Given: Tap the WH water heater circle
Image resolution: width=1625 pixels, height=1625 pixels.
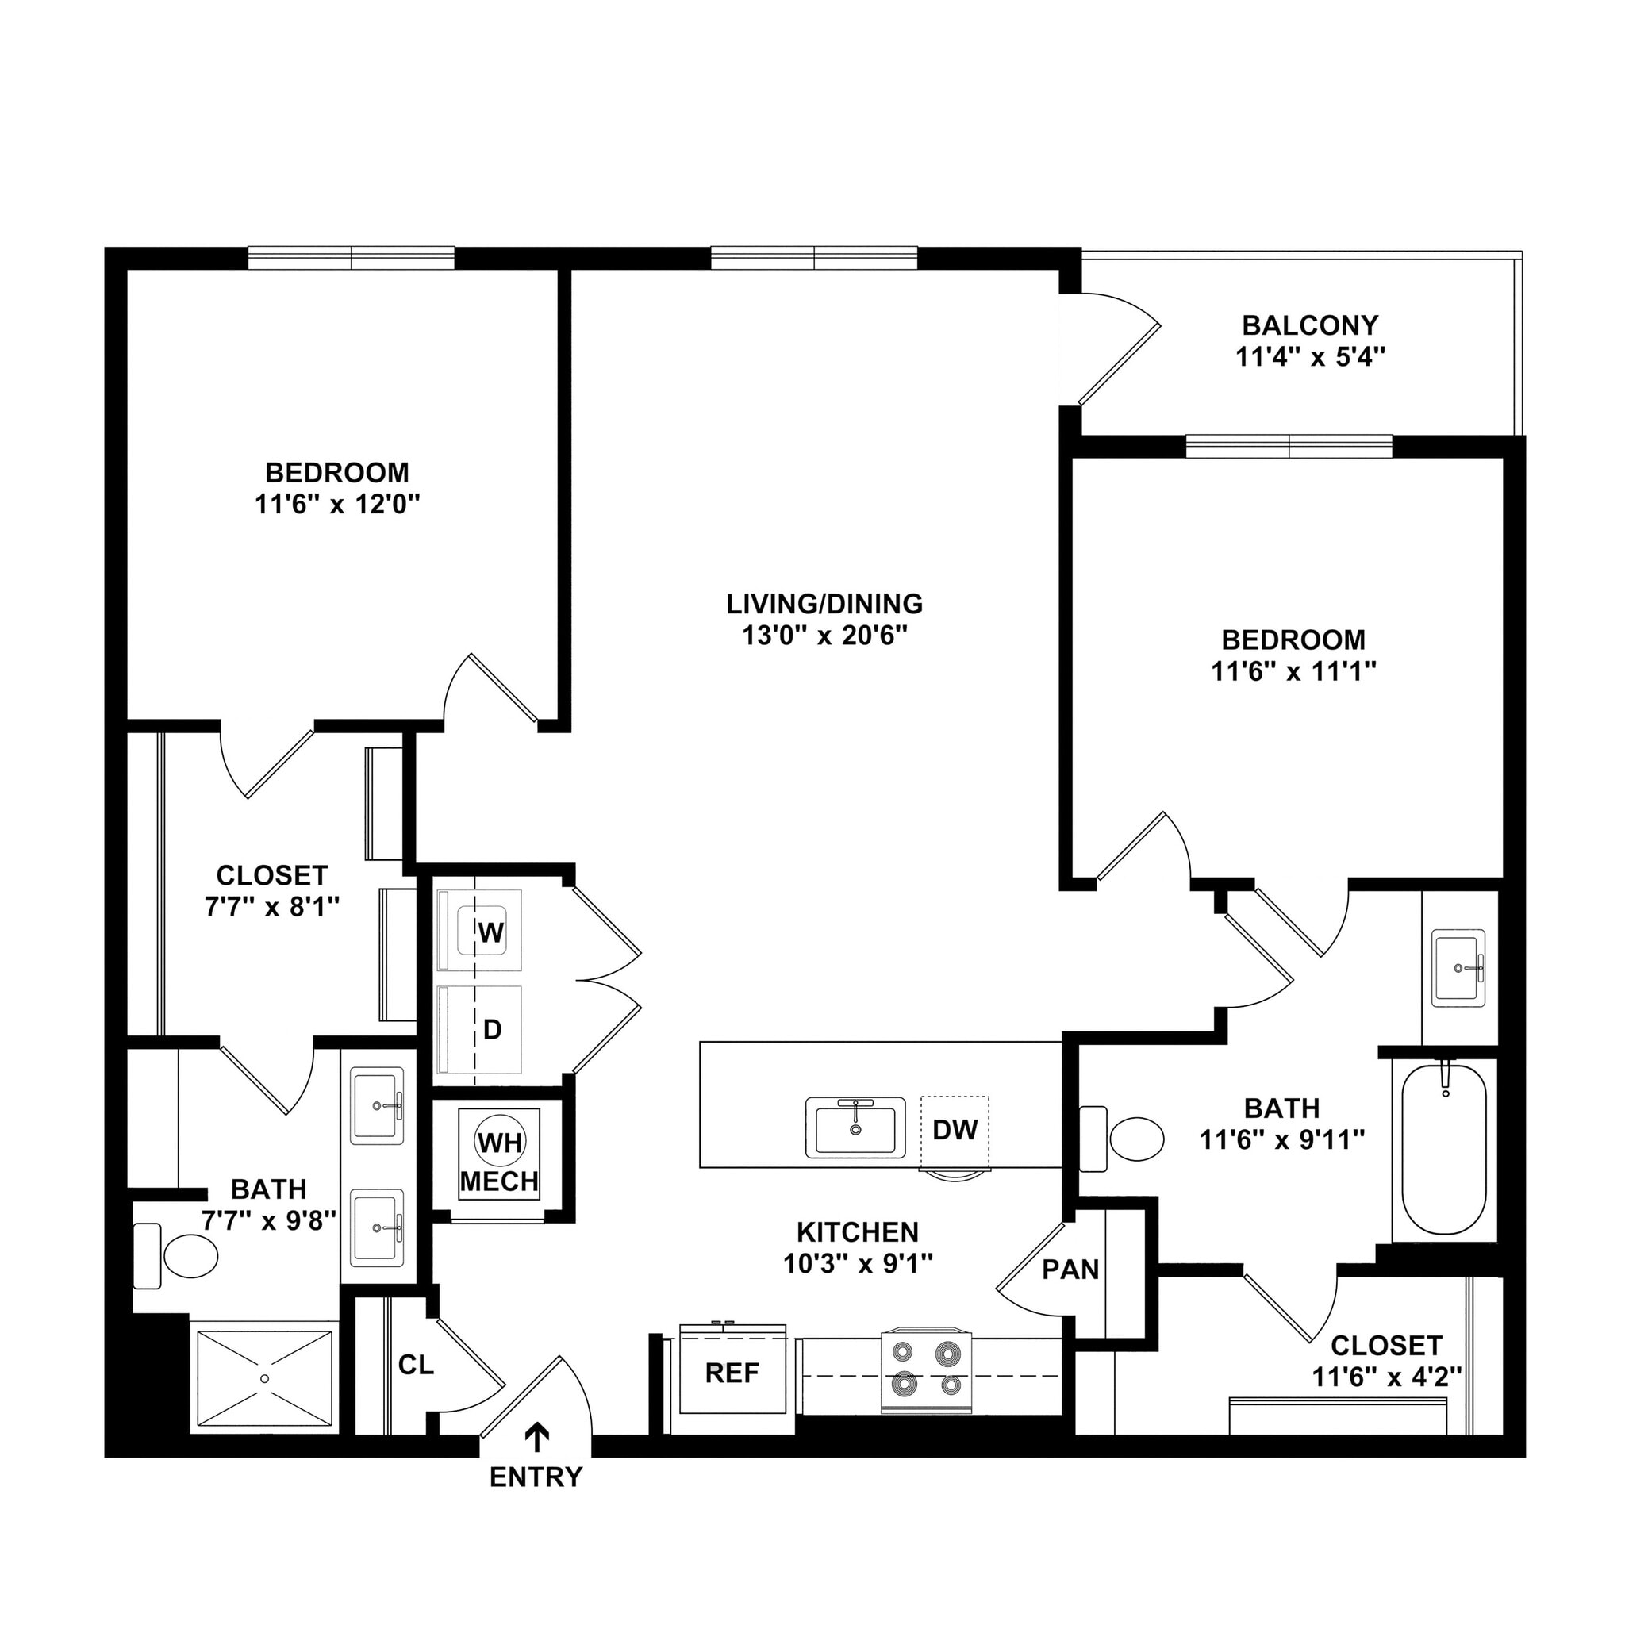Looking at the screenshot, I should tap(500, 1143).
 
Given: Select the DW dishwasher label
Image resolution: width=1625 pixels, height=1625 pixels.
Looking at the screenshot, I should tap(955, 1130).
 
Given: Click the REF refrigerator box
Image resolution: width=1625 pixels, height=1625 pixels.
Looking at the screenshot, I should tap(732, 1373).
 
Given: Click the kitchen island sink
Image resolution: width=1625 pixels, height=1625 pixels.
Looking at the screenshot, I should tap(855, 1127).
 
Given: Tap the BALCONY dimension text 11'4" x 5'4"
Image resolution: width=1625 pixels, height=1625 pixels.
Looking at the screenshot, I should tap(1309, 358).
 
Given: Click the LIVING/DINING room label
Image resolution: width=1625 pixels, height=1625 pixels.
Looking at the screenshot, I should tap(824, 604).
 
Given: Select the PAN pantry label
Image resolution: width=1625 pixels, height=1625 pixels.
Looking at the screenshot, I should tap(1070, 1270).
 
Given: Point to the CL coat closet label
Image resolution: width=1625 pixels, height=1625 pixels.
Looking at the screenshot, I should tap(416, 1365).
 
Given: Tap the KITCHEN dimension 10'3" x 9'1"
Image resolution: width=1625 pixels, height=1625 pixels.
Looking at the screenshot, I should tap(858, 1263).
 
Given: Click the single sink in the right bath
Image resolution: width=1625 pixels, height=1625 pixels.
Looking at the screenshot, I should tap(1458, 967).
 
